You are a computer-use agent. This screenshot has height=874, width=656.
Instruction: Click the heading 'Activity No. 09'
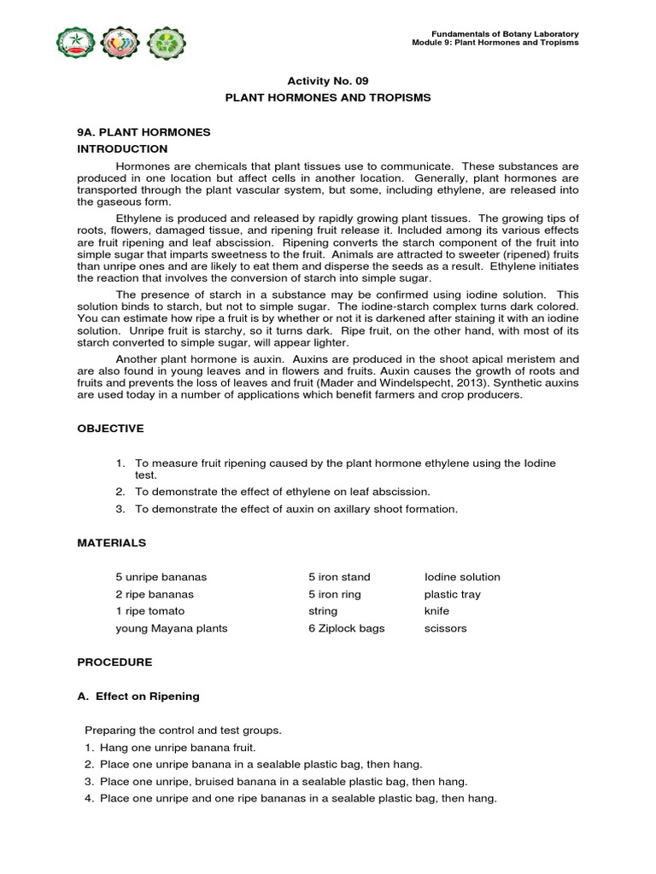point(327,81)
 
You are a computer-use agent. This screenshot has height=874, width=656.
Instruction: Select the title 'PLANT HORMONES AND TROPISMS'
point(327,97)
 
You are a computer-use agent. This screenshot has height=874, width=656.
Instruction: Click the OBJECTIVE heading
point(110,428)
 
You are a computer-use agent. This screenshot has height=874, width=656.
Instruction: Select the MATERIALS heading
point(111,542)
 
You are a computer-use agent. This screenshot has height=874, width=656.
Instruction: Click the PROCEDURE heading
point(114,661)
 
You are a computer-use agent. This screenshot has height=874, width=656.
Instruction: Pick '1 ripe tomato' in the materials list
point(149,611)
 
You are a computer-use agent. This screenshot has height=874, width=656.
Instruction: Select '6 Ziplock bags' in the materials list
point(346,628)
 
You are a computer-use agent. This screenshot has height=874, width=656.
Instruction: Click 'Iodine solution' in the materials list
point(462,577)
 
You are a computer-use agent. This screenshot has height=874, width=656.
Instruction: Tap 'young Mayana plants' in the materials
point(172,628)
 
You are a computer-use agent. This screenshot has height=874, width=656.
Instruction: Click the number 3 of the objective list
point(120,509)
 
